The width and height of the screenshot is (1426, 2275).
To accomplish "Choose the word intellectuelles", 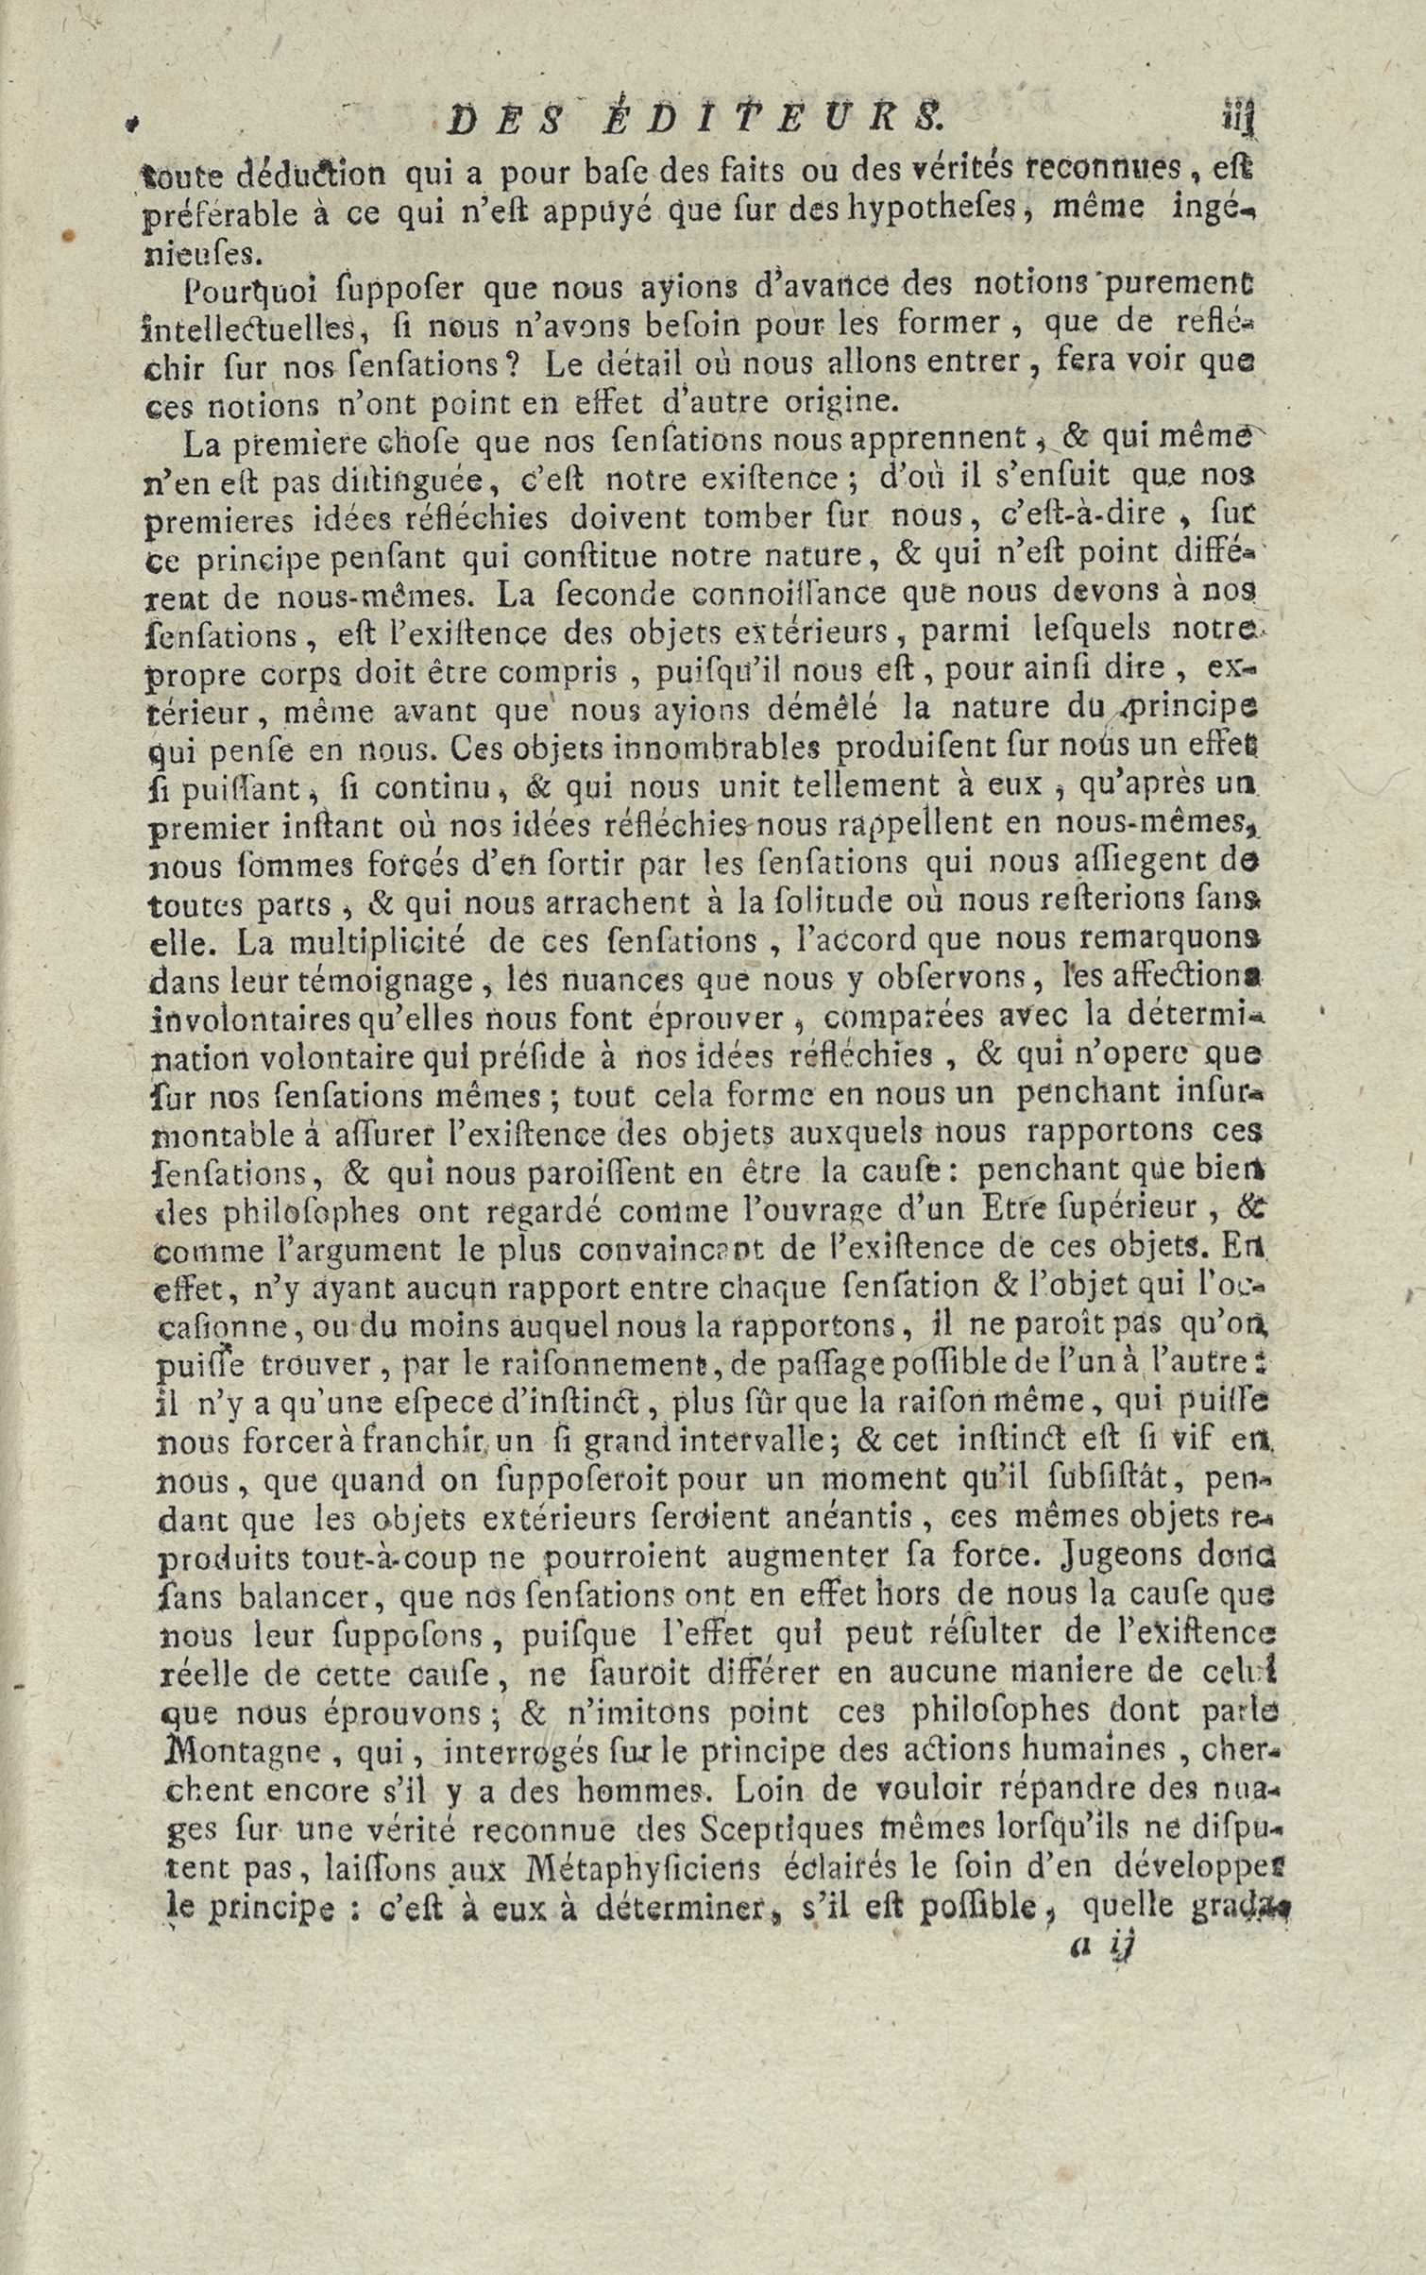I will click(248, 326).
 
